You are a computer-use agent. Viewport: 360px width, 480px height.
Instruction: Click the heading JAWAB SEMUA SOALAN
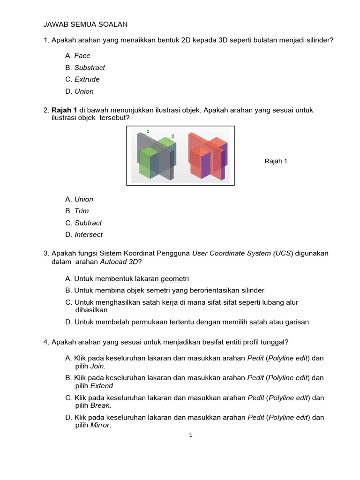tap(85, 24)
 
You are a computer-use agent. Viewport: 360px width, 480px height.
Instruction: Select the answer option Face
tap(82, 56)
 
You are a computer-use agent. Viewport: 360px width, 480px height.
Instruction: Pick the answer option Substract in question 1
tap(90, 67)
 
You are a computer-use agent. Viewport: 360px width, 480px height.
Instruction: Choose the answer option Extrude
tap(87, 79)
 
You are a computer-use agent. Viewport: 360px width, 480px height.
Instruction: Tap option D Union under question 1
tap(84, 91)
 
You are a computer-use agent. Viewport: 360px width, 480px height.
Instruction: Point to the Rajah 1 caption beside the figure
tap(276, 161)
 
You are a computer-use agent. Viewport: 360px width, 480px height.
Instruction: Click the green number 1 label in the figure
tap(148, 131)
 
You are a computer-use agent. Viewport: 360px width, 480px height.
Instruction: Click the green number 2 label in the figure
tap(172, 136)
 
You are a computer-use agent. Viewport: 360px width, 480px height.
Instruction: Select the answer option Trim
tap(82, 211)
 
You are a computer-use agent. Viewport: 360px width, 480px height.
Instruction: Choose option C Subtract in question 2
tap(88, 223)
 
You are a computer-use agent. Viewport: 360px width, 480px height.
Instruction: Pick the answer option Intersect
tap(89, 235)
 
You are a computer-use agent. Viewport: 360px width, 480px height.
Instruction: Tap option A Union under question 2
tap(84, 199)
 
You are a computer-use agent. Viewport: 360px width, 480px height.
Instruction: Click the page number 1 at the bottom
tap(191, 435)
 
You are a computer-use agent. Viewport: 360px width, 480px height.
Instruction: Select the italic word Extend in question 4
tap(102, 386)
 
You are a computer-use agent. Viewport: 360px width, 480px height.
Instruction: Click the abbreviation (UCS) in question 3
tap(283, 254)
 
